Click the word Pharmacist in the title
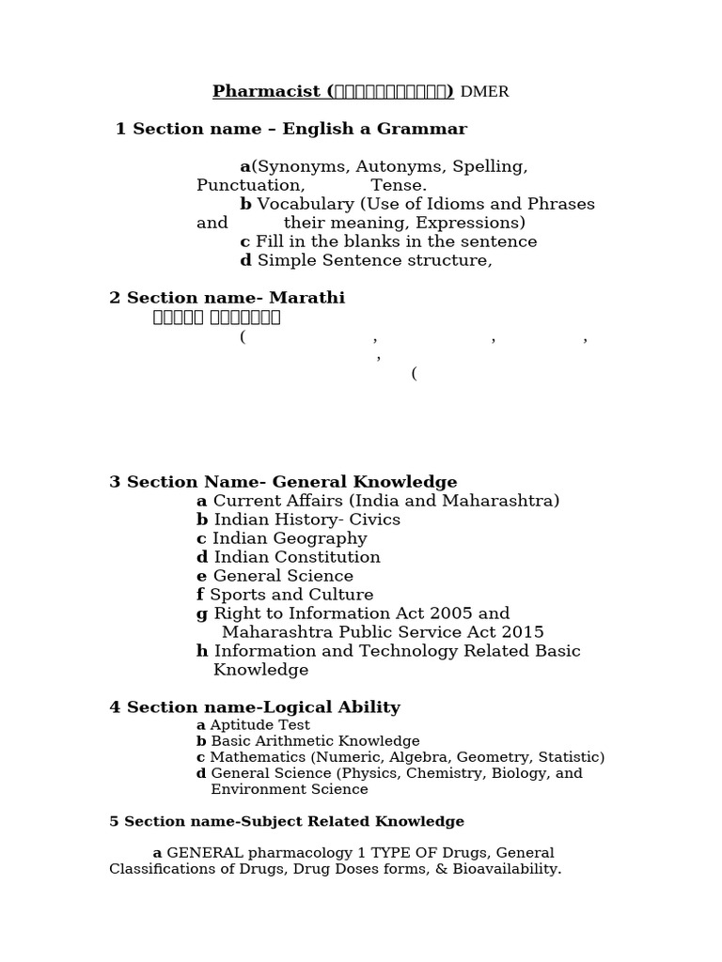pyautogui.click(x=267, y=91)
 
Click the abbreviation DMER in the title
pyautogui.click(x=484, y=92)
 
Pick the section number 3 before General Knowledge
pyautogui.click(x=115, y=482)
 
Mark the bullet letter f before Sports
pyautogui.click(x=200, y=595)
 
